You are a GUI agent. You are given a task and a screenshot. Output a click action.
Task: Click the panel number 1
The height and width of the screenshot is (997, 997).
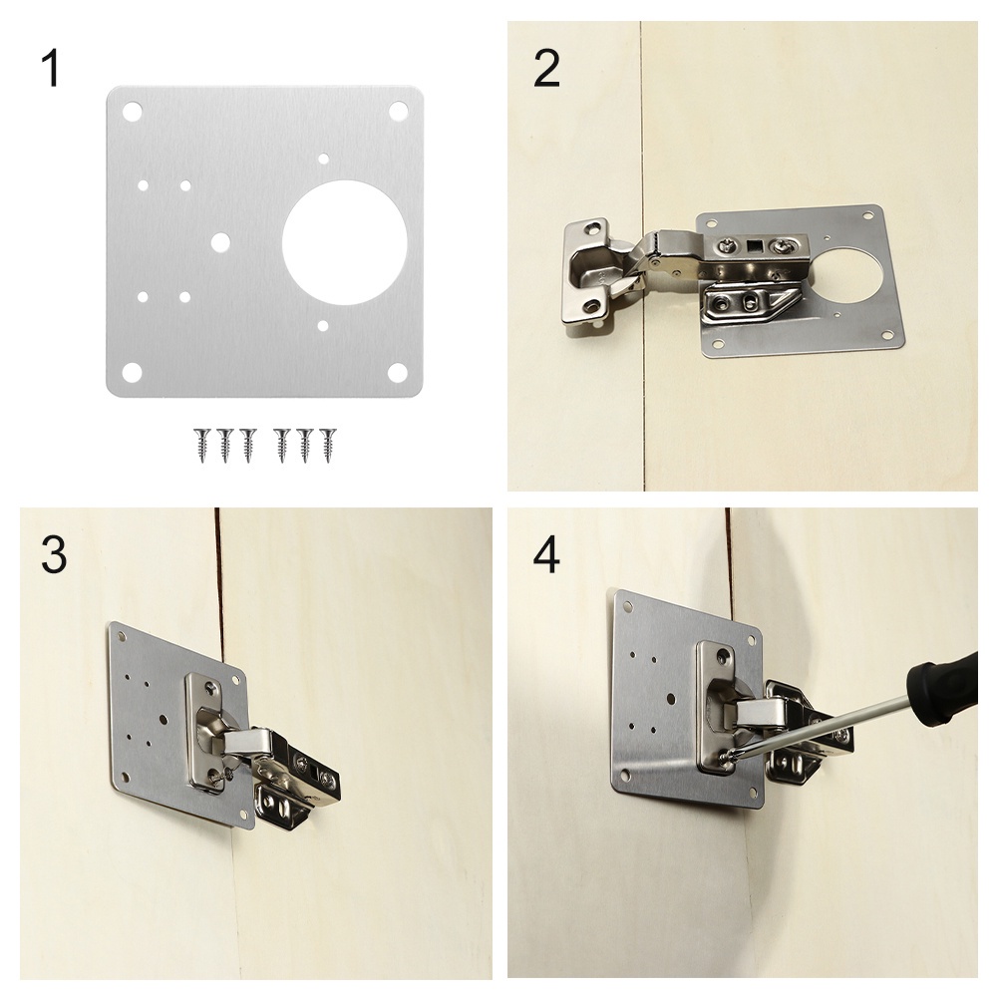point(51,69)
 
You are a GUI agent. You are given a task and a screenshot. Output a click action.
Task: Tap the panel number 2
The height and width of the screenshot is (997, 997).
point(546,69)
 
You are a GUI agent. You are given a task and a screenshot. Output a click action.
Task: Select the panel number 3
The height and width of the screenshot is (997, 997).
point(54,553)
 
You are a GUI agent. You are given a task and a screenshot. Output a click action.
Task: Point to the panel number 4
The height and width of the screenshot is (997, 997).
point(546,553)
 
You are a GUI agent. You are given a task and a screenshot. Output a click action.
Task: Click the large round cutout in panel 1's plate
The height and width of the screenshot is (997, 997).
point(345,241)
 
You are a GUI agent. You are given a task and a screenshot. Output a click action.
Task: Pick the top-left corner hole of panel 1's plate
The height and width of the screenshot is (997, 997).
point(133,112)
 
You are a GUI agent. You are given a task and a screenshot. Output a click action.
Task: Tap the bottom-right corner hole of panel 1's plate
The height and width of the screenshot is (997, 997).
point(398,373)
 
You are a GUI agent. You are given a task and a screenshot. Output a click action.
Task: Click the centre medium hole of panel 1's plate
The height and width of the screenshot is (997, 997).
point(220,241)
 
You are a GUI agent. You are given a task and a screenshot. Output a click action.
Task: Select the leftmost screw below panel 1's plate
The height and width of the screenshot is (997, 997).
point(202,445)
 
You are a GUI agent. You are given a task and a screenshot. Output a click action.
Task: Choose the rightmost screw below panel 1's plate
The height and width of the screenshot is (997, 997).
point(328,445)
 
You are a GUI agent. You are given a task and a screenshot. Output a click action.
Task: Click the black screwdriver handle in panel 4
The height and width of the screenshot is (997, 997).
point(943,691)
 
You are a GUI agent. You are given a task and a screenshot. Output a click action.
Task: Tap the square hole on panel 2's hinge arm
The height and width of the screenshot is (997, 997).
point(756,245)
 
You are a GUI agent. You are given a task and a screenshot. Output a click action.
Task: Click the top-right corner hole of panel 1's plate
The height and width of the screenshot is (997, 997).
point(399,112)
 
